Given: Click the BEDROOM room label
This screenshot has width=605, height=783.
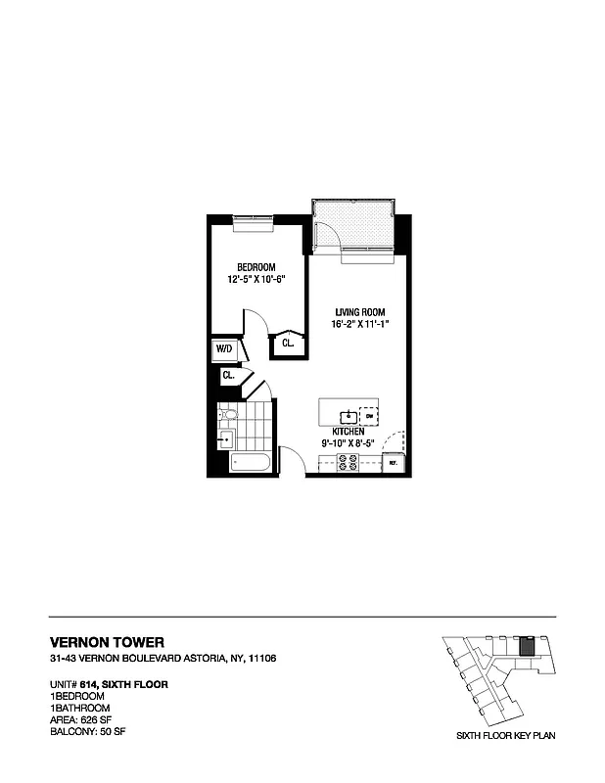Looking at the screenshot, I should [256, 267].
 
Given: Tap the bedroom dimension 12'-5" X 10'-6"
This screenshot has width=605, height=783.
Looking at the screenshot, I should [256, 279].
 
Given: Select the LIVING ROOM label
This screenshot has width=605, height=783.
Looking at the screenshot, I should [355, 312].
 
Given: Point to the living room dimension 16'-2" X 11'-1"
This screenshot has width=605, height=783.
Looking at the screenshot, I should [355, 324].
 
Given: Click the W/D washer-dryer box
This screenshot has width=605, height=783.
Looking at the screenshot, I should [223, 348].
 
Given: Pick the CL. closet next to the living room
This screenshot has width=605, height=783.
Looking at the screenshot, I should [289, 344].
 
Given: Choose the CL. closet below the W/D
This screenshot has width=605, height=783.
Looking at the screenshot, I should [227, 375].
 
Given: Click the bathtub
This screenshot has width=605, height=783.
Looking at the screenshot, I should [252, 462].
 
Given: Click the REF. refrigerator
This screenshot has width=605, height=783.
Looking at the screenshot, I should [393, 462].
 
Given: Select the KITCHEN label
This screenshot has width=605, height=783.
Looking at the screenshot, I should [348, 432].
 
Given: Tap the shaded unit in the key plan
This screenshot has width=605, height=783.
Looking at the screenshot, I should [526, 647].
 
